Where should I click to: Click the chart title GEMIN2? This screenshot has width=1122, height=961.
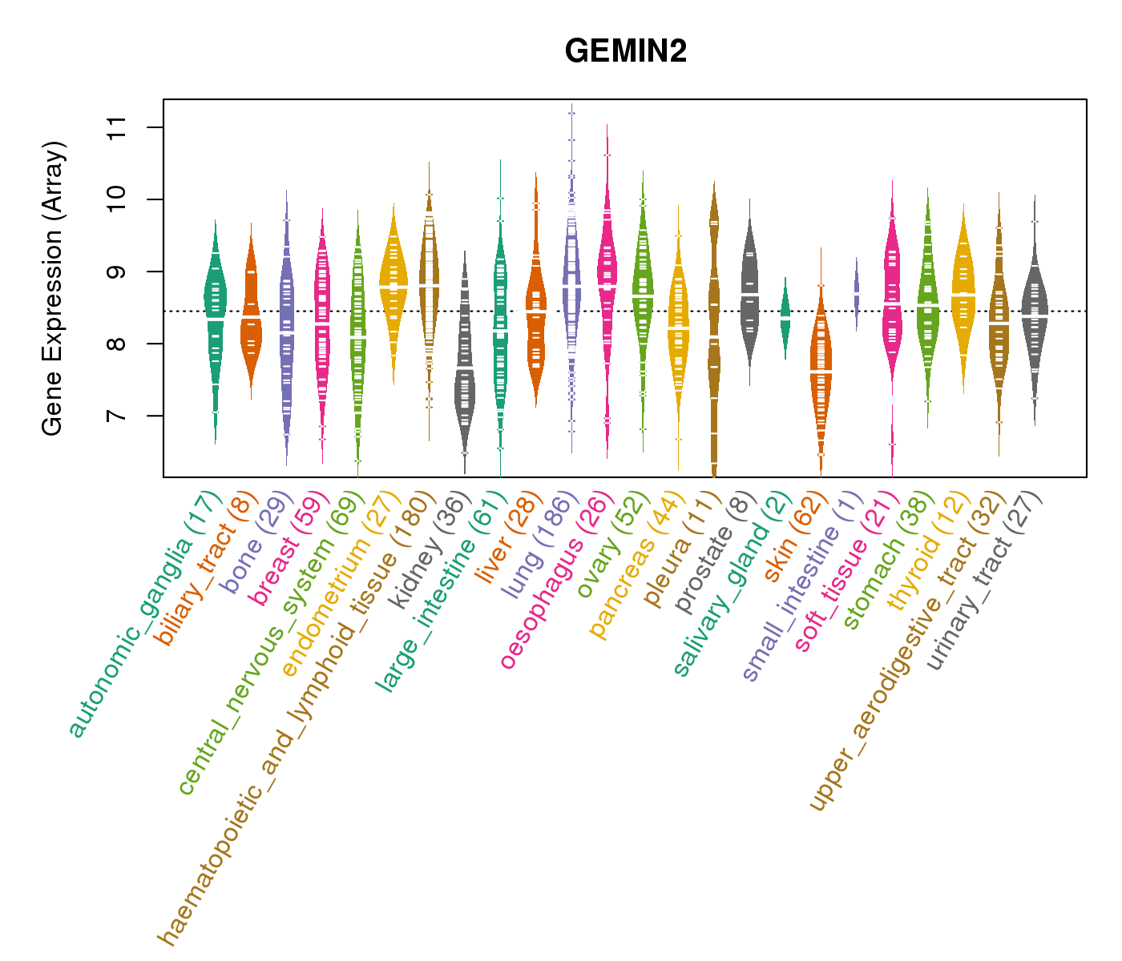coord(625,52)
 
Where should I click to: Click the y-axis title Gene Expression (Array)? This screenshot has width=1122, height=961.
coord(53,288)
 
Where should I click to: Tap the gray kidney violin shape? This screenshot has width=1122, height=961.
coord(464,368)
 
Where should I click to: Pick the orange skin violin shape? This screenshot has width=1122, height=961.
coord(820,376)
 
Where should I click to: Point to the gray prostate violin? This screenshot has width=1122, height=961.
coord(749,296)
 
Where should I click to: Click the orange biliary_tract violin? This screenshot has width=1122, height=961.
coord(250,320)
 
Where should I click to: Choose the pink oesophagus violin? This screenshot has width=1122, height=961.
coord(607,280)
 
